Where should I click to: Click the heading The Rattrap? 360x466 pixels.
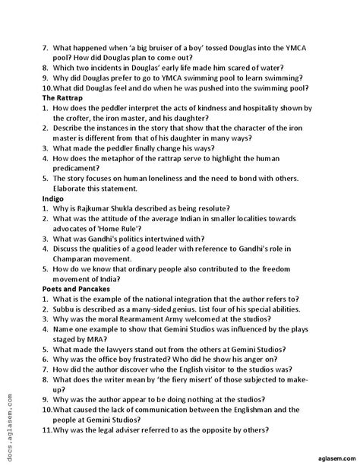pyautogui.click(x=64, y=99)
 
